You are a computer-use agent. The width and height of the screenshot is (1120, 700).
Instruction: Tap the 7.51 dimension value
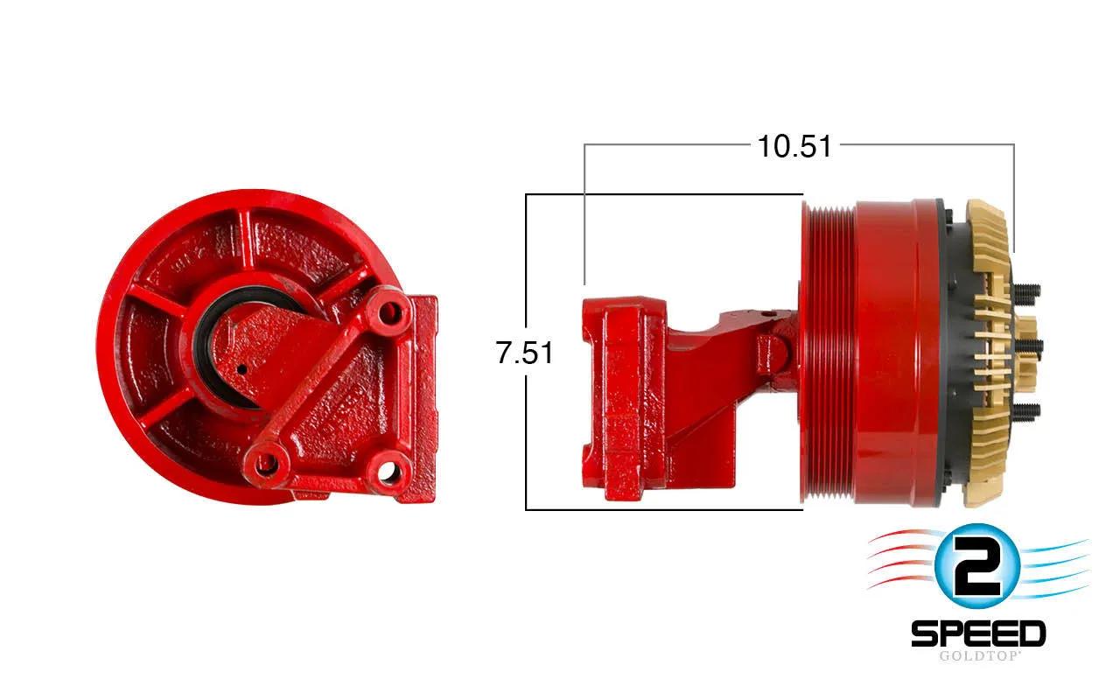tap(524, 353)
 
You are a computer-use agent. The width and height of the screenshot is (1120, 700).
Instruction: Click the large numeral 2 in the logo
tap(977, 568)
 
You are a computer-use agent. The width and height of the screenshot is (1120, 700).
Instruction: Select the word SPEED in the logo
tap(978, 634)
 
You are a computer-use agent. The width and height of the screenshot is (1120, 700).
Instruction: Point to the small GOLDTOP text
tap(978, 655)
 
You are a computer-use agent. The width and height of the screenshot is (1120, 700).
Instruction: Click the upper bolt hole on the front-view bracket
tap(389, 313)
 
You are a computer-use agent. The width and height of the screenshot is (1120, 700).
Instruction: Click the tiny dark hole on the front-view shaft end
tap(242, 370)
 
